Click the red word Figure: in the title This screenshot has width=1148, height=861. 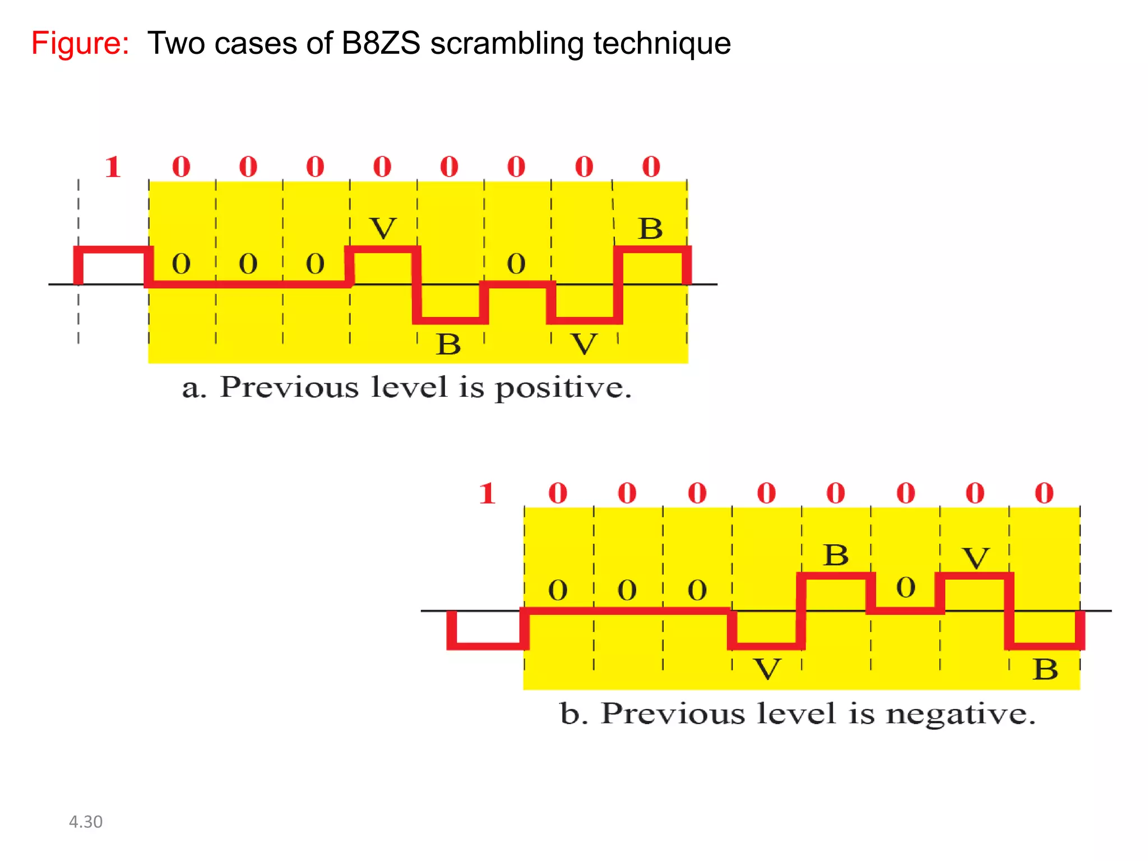80,43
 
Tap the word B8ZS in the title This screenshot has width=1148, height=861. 381,43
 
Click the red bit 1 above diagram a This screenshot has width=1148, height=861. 113,167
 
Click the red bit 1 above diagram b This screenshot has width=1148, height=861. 487,494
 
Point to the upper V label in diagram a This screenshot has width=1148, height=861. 383,228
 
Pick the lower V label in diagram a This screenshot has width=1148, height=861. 584,344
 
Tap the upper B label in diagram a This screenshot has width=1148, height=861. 650,229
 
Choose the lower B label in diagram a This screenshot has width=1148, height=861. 448,344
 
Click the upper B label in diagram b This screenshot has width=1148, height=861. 836,555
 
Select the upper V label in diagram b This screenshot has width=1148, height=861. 976,558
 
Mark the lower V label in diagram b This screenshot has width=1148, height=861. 767,669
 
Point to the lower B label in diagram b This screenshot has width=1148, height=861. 1045,669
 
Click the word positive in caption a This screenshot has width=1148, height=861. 563,388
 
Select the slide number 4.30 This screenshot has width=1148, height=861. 85,822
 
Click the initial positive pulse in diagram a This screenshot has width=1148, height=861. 113,249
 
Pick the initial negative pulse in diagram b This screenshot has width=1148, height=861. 487,646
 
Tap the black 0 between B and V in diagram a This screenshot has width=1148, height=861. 516,263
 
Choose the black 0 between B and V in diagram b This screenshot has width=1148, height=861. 906,587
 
